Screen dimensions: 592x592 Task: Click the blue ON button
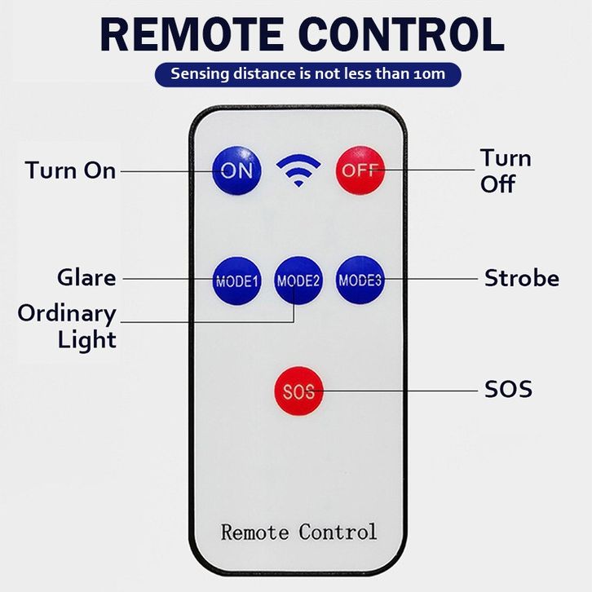tap(237, 170)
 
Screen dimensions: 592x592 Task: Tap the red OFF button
tap(359, 170)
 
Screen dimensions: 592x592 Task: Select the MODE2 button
tap(298, 281)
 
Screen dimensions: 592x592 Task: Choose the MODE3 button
tap(360, 281)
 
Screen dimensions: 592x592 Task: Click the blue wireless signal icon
tap(298, 170)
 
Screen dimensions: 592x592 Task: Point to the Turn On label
tap(70, 170)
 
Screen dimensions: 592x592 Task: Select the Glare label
tap(86, 277)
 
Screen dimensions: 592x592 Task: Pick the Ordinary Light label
tap(67, 326)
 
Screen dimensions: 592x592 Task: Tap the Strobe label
tap(522, 278)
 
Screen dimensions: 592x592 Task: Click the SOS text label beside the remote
tap(508, 389)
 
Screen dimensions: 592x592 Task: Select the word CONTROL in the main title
tap(400, 33)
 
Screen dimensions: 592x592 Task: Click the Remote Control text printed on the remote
tap(298, 532)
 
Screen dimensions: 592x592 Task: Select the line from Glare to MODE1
tap(167, 278)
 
